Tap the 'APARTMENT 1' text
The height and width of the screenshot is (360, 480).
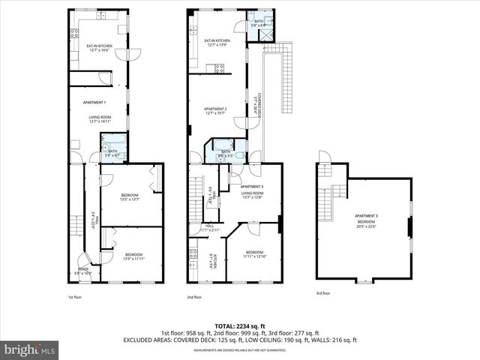point(94,102)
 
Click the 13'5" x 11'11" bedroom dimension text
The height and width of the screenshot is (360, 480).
point(129,259)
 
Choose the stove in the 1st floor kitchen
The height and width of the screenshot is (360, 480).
point(74,33)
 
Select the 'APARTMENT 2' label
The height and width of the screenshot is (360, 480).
point(215,109)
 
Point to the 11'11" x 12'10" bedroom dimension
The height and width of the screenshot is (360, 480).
point(254,256)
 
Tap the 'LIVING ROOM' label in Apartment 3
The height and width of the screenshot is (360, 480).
point(251,193)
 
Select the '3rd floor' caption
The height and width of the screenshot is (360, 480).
point(323,294)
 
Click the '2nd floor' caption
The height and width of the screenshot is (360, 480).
point(194,297)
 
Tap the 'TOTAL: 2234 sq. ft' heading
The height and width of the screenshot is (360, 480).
point(239,325)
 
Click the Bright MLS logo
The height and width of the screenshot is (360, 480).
point(30,349)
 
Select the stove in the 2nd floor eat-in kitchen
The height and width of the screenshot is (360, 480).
point(220,67)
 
